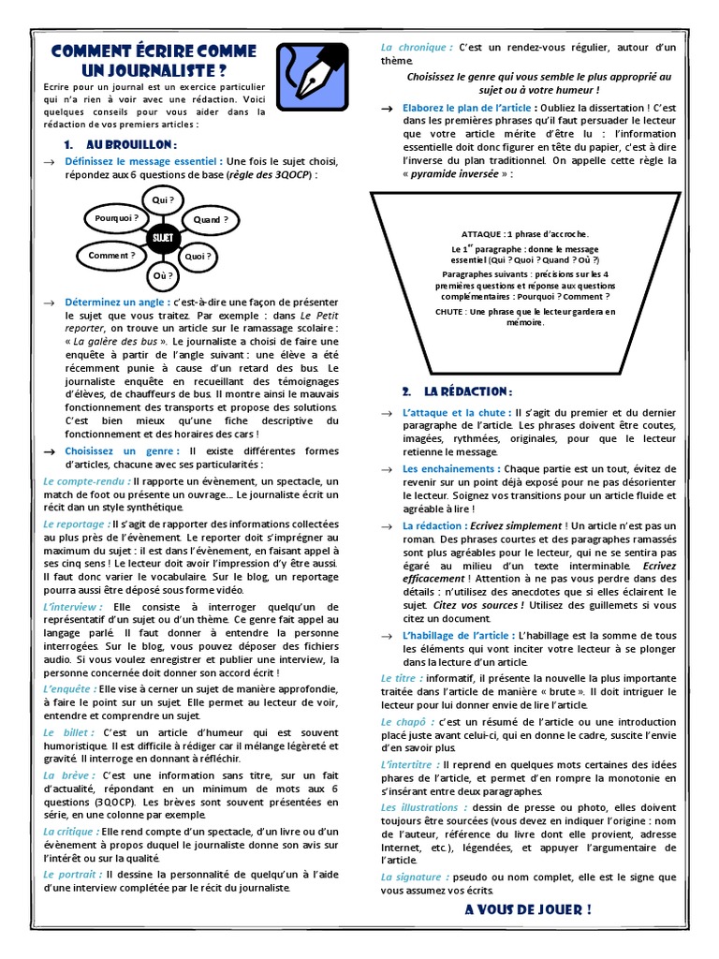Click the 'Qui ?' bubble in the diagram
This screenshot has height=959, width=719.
point(163,199)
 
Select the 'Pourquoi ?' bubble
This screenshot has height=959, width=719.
point(117,218)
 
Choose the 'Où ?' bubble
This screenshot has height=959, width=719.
point(163,275)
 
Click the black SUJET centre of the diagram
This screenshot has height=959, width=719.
point(161,238)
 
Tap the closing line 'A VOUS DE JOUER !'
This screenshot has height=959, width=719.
point(527,909)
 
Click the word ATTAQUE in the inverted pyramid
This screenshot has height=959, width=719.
point(482,233)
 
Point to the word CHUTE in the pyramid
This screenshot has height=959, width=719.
point(451,311)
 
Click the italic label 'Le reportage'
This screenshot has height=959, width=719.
point(76,524)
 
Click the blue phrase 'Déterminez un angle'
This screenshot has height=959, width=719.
point(117,302)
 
